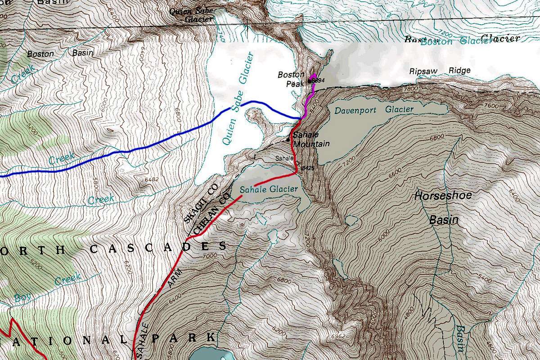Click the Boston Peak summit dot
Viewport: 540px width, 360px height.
coord(310,80)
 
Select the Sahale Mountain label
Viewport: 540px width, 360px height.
coord(311,139)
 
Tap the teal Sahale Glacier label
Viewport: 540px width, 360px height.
coord(269,189)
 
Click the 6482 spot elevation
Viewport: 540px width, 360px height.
coord(153,179)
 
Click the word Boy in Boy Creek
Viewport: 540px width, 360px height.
coord(21,297)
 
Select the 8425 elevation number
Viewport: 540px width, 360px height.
coord(307,167)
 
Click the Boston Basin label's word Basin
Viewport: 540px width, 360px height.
coord(83,53)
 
